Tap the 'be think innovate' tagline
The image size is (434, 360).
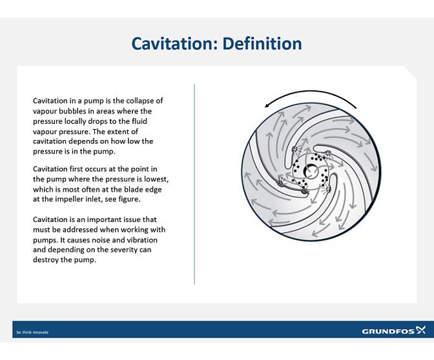pos(32,332)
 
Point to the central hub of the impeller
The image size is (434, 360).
pos(311,171)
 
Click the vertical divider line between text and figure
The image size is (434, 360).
pos(194,184)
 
